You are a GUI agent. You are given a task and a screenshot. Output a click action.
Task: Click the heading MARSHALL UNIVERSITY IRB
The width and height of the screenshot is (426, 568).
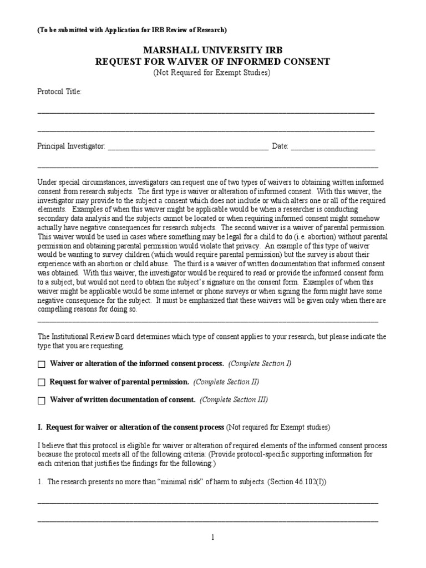coord(213,50)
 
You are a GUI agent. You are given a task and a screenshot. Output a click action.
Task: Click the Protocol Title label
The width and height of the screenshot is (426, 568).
coord(59,92)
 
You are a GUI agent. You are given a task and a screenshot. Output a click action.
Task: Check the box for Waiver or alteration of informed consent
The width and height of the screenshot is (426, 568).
coord(41,364)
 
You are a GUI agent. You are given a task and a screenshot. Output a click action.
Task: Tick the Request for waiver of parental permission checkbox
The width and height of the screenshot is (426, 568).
coord(41,383)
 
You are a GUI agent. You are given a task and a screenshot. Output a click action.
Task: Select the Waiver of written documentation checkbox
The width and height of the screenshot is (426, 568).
coord(41,400)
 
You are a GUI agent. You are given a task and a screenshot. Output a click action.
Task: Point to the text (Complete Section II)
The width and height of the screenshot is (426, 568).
coord(226,382)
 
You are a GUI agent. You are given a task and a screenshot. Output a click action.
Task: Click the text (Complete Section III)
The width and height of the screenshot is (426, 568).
coord(234,400)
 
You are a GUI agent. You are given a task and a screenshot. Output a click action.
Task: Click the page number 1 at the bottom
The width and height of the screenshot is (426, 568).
coord(213,537)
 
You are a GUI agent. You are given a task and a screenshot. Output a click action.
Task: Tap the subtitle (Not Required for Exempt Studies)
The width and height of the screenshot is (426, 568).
coord(213,73)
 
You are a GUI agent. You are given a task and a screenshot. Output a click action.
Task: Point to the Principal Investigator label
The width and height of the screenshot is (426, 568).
coord(71,146)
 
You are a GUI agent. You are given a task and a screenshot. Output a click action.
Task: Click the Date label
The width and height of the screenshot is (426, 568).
coord(280,146)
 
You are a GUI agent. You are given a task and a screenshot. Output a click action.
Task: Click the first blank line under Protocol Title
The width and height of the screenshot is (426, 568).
coord(206,112)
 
